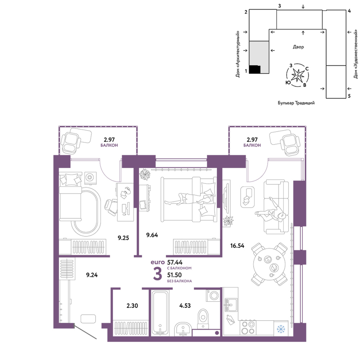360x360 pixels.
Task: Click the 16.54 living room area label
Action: click(237, 246)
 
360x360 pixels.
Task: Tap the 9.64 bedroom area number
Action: click(152, 235)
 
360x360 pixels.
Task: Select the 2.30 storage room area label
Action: click(132, 306)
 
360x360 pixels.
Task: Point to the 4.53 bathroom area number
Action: click(185, 306)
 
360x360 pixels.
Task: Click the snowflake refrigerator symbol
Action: click(281, 329)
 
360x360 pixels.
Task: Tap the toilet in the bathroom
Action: click(203, 319)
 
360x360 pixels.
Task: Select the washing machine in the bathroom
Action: click(213, 296)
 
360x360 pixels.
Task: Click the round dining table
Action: click(269, 264)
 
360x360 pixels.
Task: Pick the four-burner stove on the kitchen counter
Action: click(248, 328)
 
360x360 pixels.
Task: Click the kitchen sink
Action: click(231, 305)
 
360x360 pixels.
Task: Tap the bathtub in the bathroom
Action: click(160, 312)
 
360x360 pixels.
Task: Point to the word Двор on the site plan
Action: click(298, 47)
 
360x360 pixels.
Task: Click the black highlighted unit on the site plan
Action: click(255, 69)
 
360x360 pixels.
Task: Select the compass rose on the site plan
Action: click(298, 75)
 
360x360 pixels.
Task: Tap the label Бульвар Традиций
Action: click(296, 103)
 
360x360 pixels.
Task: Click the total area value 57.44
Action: click(175, 262)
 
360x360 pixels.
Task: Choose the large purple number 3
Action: click(158, 274)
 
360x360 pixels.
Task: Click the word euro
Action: click(158, 262)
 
